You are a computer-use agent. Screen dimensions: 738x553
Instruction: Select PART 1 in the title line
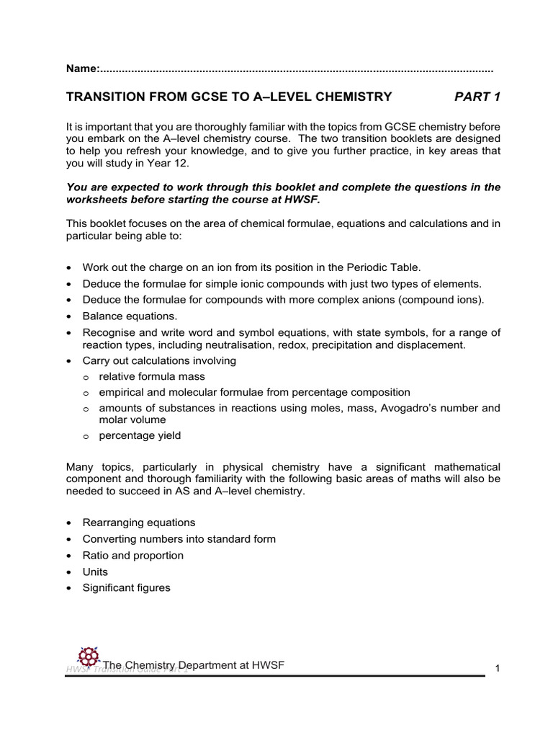tap(477, 97)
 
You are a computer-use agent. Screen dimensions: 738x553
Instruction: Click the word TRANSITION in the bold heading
tap(106, 97)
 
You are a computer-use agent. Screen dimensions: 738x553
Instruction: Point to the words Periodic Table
tap(388, 267)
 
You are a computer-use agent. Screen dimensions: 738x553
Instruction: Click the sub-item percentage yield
tap(140, 435)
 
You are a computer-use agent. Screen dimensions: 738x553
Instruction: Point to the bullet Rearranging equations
tap(139, 523)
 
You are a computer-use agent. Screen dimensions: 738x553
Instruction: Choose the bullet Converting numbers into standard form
tap(179, 539)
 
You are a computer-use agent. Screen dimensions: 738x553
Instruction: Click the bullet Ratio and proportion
tap(133, 555)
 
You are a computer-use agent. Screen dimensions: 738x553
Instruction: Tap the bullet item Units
tap(95, 572)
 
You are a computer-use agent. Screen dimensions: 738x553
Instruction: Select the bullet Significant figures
tap(127, 587)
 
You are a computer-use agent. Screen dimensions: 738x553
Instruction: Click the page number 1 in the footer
tap(497, 669)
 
